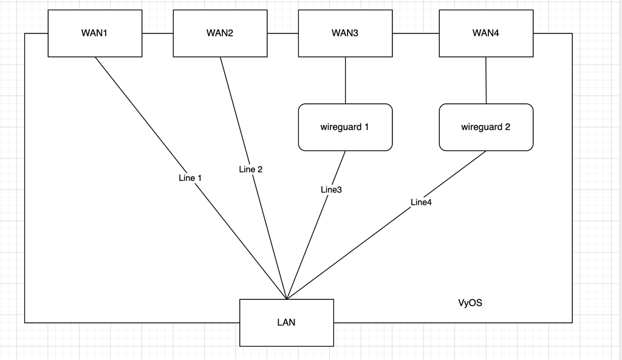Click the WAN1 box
click(x=95, y=33)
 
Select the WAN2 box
click(x=220, y=33)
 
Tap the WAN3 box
click(x=345, y=33)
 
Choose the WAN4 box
click(x=486, y=33)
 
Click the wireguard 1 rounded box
click(x=345, y=127)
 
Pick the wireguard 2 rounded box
click(x=486, y=127)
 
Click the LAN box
click(x=287, y=322)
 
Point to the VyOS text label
click(x=470, y=303)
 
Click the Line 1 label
click(x=190, y=178)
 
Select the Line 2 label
click(x=251, y=169)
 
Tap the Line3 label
click(x=332, y=190)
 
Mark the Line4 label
click(x=422, y=202)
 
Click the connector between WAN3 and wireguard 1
click(x=345, y=80)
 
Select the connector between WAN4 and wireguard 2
click(x=486, y=80)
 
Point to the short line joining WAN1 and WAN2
click(x=158, y=33)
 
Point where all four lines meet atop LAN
click(x=287, y=299)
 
